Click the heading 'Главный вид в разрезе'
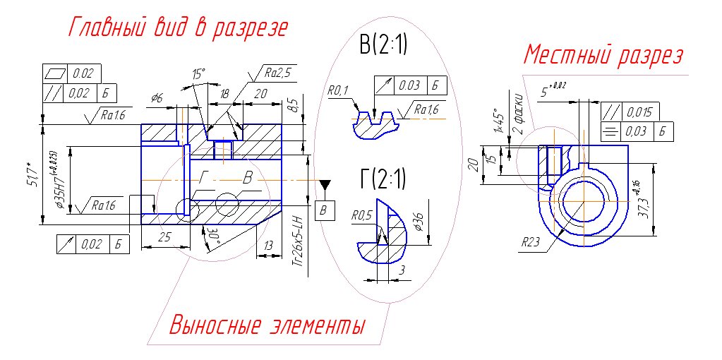pos(178,28)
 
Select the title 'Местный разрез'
pos(604,55)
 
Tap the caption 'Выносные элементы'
pos(268,326)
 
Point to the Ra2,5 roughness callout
pos(277,73)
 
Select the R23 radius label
pos(531,241)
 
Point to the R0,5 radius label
pos(361,215)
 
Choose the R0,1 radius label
pos(338,91)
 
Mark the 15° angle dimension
pos(198,73)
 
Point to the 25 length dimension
pos(164,238)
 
